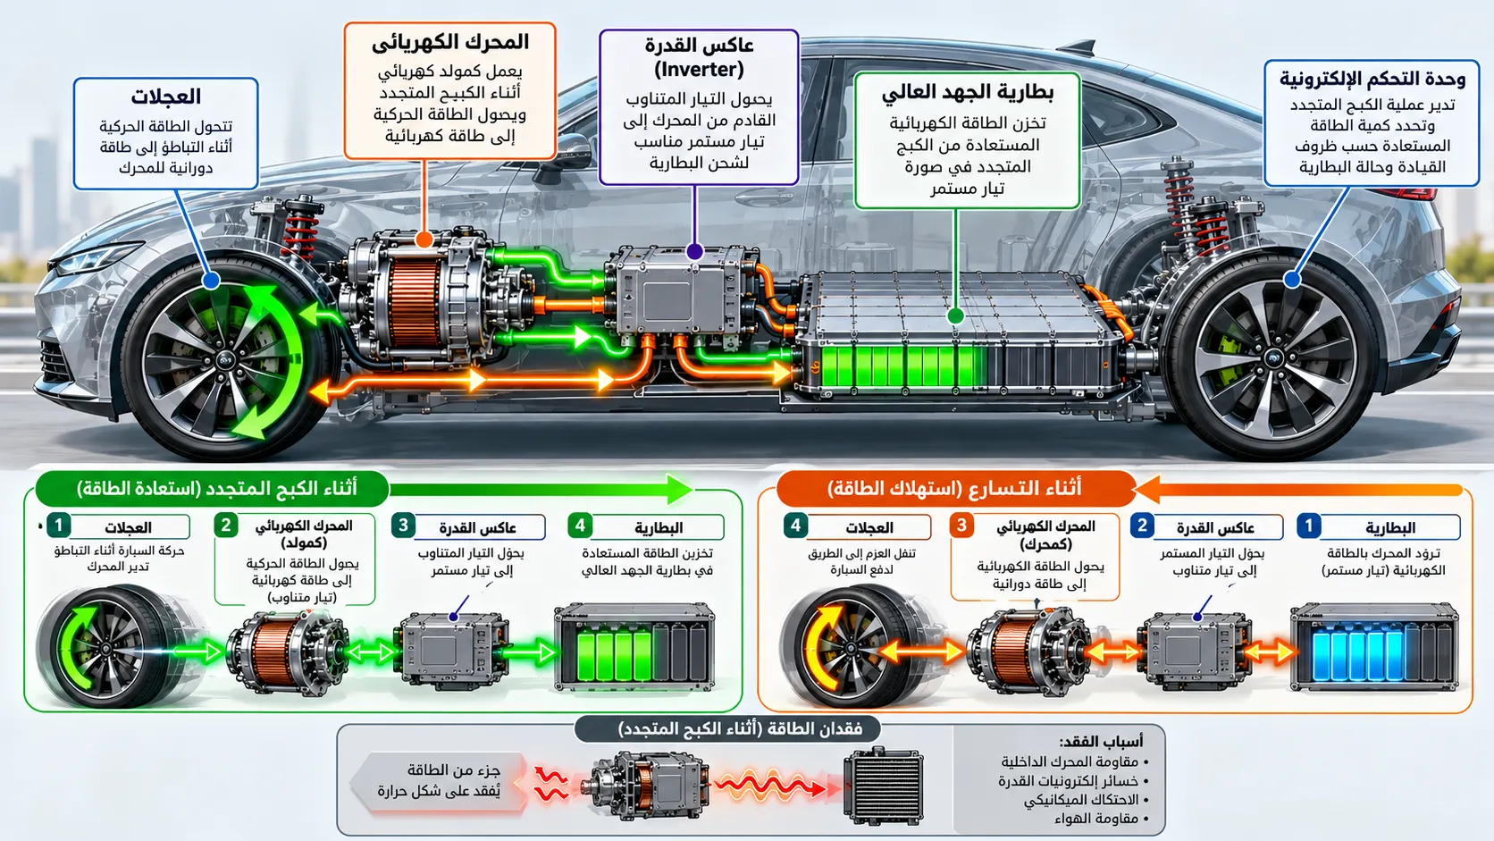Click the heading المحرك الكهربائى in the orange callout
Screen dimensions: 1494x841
click(450, 43)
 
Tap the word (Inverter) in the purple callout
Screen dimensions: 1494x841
click(699, 70)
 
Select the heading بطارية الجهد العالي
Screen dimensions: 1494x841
click(967, 93)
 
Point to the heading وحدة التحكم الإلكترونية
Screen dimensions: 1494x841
click(1372, 80)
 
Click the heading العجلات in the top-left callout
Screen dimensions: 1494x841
click(165, 97)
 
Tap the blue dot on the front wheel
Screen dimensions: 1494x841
click(212, 281)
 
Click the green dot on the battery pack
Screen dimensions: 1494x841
click(956, 315)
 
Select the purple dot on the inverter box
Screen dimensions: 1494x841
click(694, 251)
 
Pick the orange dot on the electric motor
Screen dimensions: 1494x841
click(424, 240)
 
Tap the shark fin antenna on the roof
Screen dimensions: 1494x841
click(1077, 47)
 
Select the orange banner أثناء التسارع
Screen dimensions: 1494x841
click(956, 489)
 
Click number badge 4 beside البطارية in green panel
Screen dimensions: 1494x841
click(580, 526)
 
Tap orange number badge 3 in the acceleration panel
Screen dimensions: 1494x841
click(961, 526)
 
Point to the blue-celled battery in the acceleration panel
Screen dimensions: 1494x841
click(1374, 647)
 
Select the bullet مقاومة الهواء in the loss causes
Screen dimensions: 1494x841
click(1101, 819)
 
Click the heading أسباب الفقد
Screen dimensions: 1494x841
click(1101, 741)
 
